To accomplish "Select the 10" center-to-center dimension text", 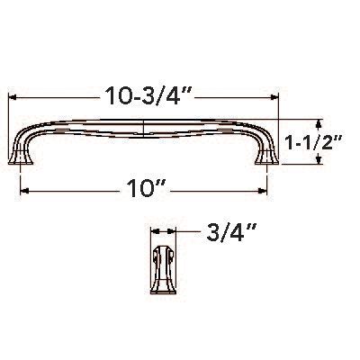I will (x=145, y=191).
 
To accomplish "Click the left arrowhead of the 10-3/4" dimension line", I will (x=13, y=94).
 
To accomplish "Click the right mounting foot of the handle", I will (x=266, y=158).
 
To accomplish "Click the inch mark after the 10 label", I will (x=163, y=186).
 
